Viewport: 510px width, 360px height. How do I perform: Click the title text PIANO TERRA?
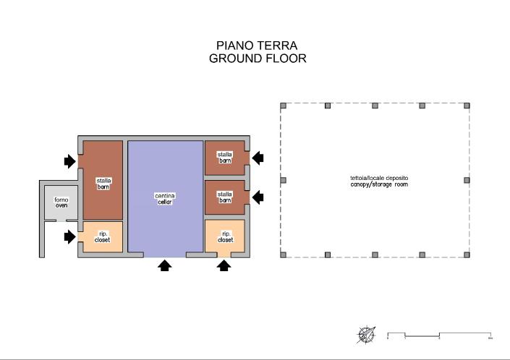pos(257,46)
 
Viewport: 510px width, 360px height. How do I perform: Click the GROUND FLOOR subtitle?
pos(257,59)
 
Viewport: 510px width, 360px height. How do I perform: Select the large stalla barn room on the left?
pos(103,181)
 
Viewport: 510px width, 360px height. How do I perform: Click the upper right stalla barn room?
pos(224,158)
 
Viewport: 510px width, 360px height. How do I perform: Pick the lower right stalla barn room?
pos(224,197)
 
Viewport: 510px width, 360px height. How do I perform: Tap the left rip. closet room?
pos(102,236)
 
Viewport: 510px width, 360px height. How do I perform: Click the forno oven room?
pos(61,202)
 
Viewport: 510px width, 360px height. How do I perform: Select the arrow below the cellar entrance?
pos(165,265)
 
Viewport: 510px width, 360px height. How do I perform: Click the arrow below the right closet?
pos(224,265)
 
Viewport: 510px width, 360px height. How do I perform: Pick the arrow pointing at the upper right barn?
pos(257,158)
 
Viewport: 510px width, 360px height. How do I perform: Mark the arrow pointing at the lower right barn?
pos(257,197)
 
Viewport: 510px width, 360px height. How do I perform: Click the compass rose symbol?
pos(367,335)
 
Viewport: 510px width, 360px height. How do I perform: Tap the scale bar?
pos(440,335)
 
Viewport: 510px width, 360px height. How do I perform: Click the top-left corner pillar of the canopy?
pos(283,106)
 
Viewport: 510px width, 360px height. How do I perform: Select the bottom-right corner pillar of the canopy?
pos(467,254)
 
